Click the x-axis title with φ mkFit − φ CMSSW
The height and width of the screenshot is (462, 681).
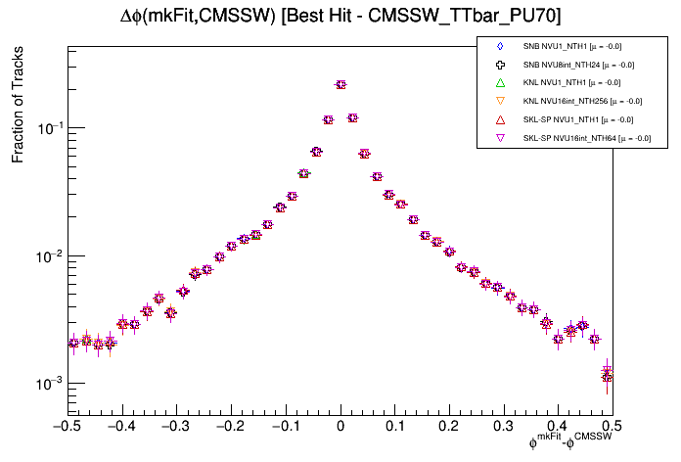click(x=570, y=443)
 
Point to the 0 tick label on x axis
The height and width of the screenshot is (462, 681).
click(x=340, y=426)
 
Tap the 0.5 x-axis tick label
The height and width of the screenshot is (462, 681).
click(x=612, y=426)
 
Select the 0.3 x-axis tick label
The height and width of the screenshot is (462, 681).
click(x=503, y=426)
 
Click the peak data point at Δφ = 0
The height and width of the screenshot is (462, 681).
click(x=340, y=85)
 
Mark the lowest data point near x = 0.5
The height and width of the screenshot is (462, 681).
click(x=607, y=376)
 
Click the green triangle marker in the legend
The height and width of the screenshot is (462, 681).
click(x=500, y=82)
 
